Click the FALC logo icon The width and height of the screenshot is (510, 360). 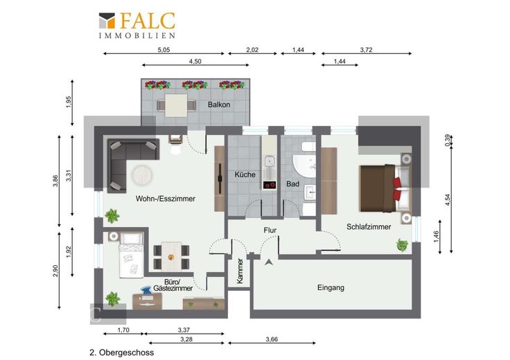tap(107, 21)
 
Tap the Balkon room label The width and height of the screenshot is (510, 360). tap(219, 105)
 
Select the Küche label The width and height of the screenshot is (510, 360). tap(245, 174)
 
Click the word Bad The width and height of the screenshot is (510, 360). tap(292, 184)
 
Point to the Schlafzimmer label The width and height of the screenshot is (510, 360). tap(369, 227)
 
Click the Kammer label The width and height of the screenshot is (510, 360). tap(240, 271)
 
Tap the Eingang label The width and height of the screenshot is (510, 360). tap(331, 287)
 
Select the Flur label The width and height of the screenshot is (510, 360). tap(270, 231)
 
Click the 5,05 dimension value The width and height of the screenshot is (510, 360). tap(164, 50)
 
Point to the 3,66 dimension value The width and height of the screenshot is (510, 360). tap(272, 339)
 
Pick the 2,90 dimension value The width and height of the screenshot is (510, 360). tap(55, 271)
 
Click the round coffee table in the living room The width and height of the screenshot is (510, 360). tap(142, 176)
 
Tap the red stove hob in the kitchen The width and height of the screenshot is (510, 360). tap(270, 185)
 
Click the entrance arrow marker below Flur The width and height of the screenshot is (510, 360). tap(269, 262)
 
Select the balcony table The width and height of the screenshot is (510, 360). tap(176, 105)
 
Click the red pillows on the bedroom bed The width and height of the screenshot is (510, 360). tap(397, 189)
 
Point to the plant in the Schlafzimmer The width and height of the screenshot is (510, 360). tap(403, 245)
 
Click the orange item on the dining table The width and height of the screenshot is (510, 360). tap(171, 258)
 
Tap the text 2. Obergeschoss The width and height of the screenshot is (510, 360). tap(122, 352)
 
